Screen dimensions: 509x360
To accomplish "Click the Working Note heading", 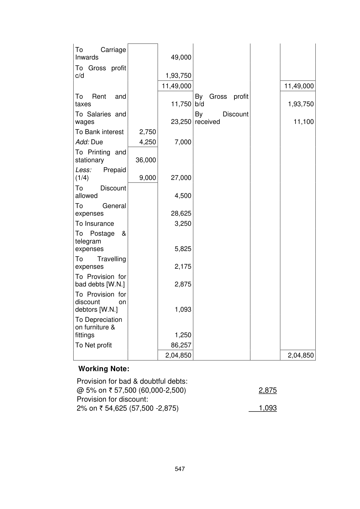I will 104,369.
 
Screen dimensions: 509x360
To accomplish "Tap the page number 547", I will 180,469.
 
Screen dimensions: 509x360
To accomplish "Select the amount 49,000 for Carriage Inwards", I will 181,57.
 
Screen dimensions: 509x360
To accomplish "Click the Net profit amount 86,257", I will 181,345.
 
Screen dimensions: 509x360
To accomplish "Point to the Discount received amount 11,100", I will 303,122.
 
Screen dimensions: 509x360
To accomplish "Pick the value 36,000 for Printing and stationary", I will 146,160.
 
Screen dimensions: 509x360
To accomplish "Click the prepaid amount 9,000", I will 147,178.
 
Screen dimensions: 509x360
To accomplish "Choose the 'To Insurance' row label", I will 95,224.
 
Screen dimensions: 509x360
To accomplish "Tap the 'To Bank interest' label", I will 99,132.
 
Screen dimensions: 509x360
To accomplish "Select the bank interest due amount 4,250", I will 147,142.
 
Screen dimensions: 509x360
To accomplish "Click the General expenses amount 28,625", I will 181,214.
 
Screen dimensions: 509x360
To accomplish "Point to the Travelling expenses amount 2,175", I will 183,267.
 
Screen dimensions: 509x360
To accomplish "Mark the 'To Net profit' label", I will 93,345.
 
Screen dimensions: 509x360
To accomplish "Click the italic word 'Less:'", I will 83,170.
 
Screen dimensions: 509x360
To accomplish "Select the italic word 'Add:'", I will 82,142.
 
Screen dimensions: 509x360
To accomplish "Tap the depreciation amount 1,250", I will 183,335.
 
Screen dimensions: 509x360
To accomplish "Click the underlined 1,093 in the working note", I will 267,408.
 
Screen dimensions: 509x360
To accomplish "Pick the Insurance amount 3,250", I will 183,224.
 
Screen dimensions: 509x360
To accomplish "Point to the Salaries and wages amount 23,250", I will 181,122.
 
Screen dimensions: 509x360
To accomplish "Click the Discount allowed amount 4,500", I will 183,196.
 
